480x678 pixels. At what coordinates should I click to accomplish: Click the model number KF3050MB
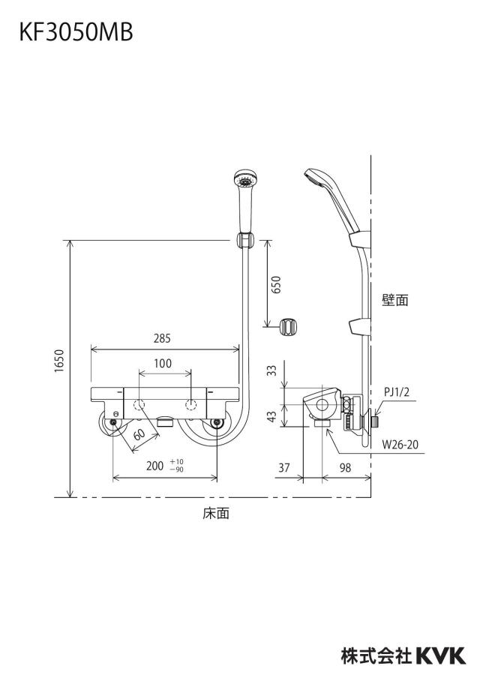[76, 32]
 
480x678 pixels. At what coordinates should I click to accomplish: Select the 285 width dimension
[162, 338]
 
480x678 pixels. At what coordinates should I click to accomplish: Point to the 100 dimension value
[163, 364]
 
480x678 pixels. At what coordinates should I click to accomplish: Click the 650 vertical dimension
[275, 284]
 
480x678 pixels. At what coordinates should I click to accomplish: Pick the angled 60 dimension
[139, 434]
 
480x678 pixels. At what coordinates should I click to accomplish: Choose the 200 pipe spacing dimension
[154, 466]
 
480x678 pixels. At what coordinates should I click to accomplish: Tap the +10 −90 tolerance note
[176, 466]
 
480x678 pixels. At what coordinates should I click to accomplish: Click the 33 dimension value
[271, 370]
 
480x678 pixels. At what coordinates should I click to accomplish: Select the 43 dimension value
[271, 416]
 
